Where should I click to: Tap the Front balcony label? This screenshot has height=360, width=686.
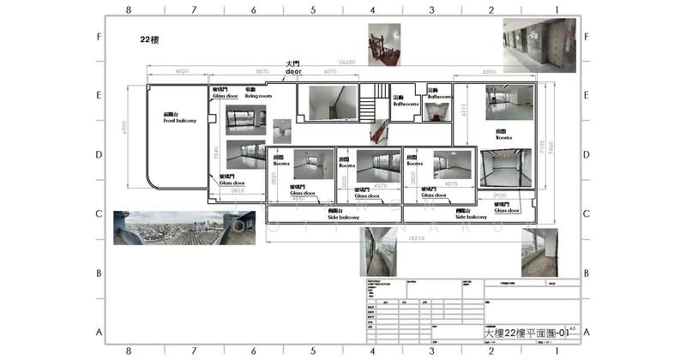180,118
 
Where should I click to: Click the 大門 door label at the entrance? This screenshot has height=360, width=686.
293,68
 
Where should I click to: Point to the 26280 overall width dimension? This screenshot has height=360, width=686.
347,63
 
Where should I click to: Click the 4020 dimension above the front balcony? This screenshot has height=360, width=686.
181,71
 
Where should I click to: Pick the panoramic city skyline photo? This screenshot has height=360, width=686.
184,227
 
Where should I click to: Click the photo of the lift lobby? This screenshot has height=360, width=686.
539,44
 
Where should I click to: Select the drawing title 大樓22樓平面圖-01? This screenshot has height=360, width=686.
527,331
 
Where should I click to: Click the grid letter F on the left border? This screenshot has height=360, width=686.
99,38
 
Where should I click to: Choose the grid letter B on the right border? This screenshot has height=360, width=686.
587,273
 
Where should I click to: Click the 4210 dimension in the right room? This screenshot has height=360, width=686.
464,109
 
